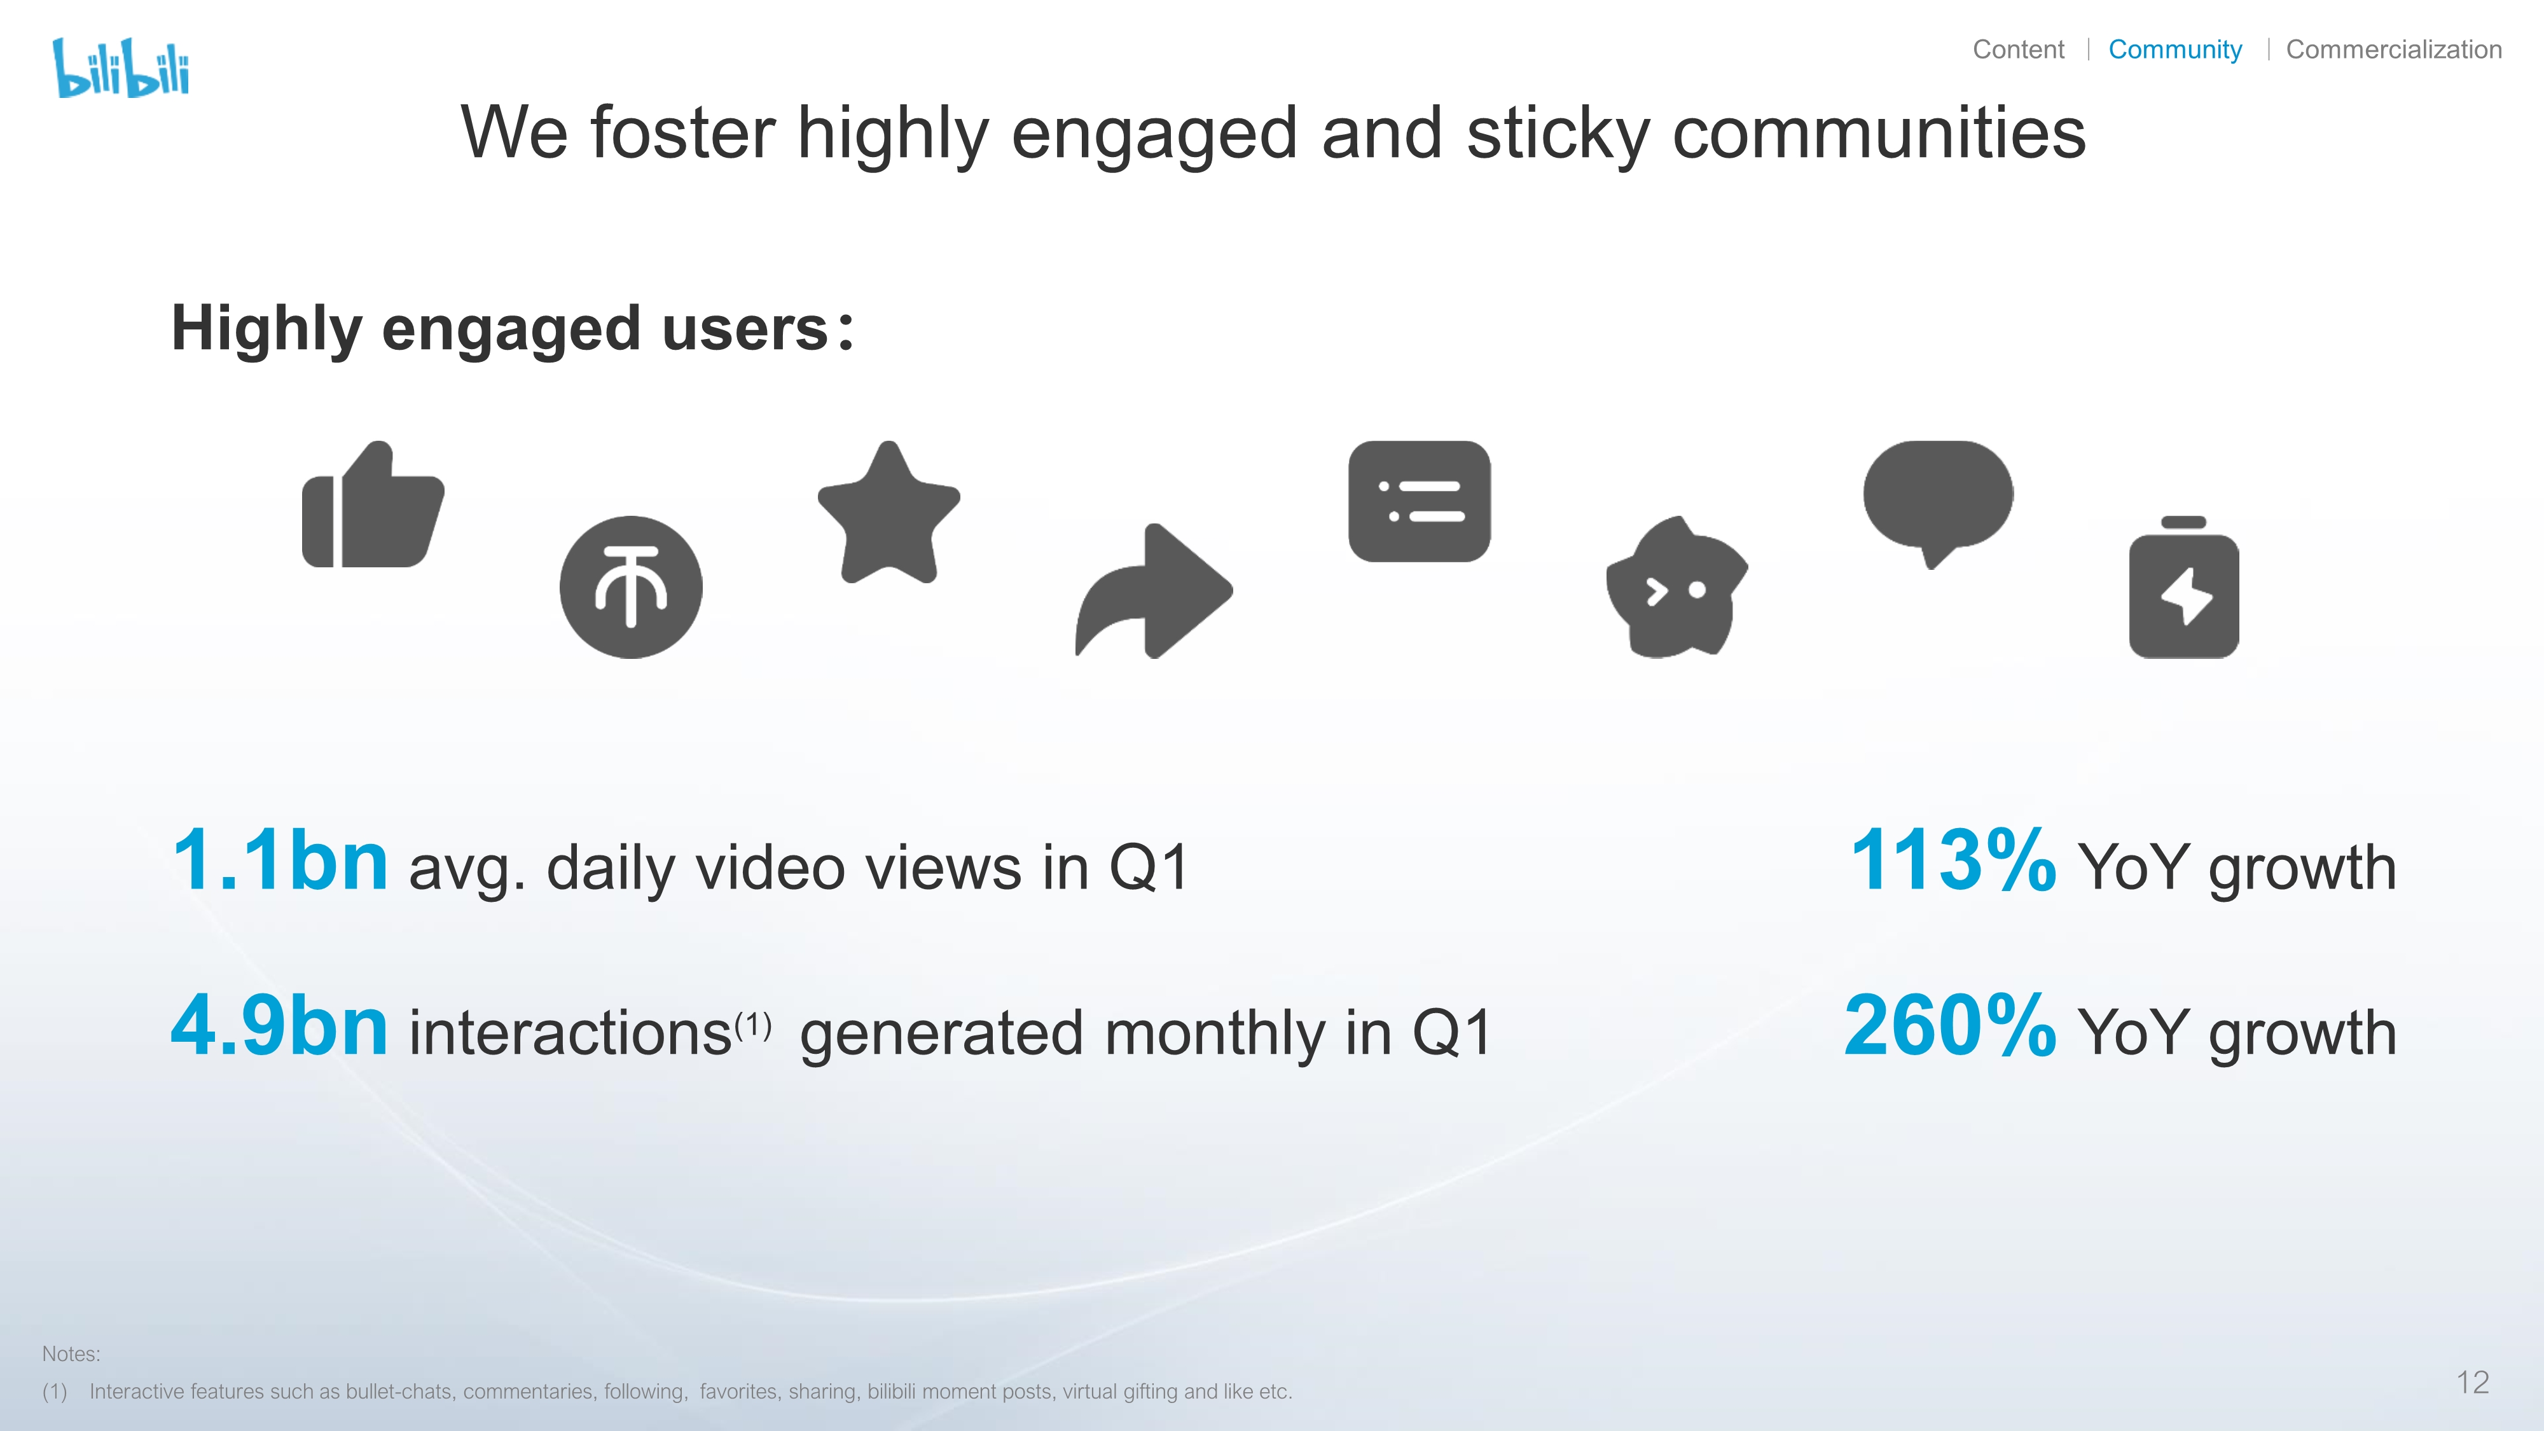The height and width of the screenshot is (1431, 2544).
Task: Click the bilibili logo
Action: (120, 68)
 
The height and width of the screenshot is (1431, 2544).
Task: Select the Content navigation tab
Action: (2017, 50)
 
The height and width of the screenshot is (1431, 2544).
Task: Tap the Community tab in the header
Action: (2174, 50)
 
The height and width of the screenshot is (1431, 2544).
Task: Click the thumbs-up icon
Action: (373, 504)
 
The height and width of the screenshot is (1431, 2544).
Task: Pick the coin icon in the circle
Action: (631, 588)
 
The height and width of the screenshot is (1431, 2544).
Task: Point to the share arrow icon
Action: (1154, 591)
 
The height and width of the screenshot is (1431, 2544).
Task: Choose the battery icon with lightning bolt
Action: (2183, 588)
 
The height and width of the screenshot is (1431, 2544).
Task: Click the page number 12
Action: (2472, 1383)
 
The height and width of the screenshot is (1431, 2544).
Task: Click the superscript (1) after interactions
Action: (752, 1025)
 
